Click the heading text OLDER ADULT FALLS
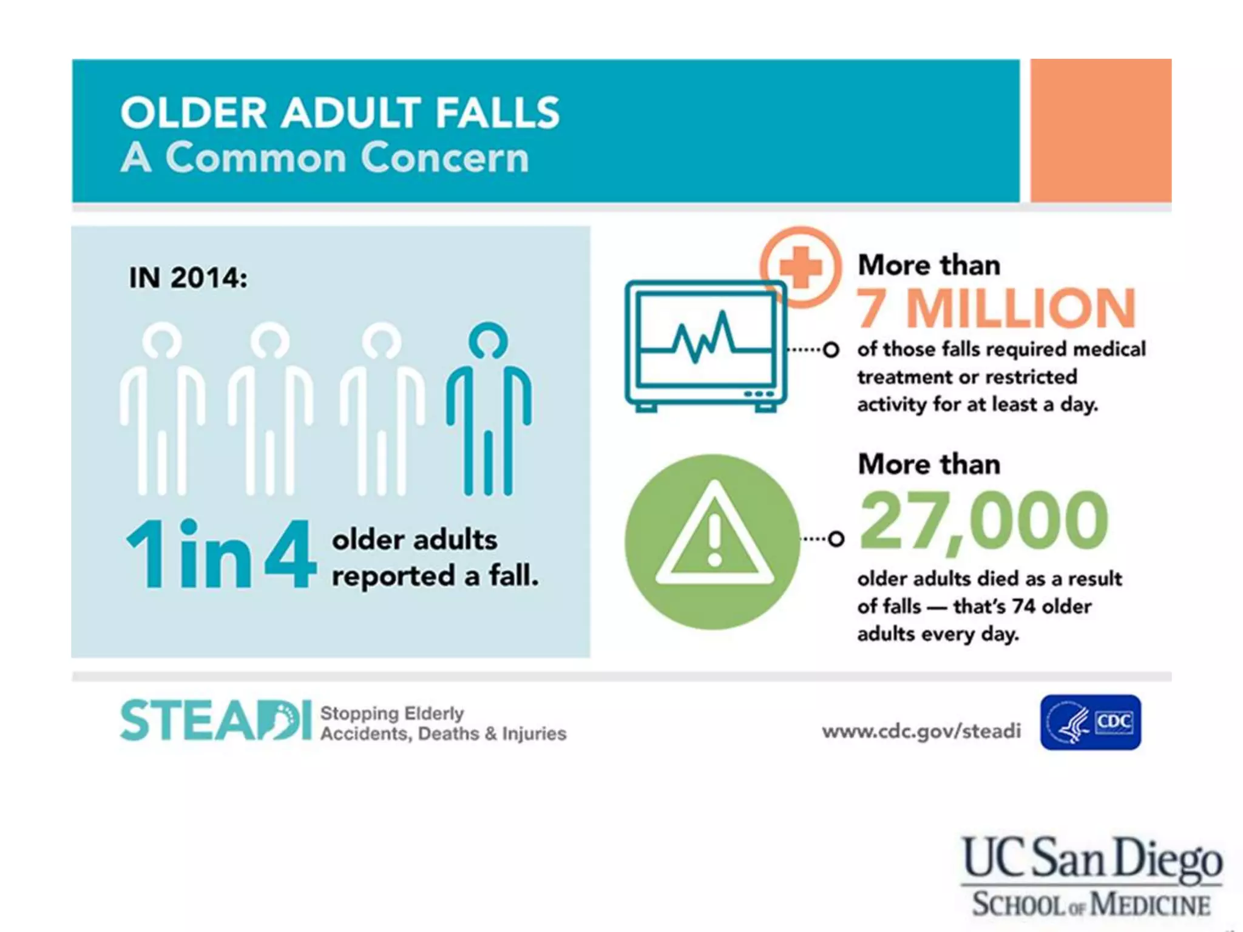tap(340, 113)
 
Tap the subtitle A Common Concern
tap(325, 158)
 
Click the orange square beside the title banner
tap(1100, 130)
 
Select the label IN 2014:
tap(188, 278)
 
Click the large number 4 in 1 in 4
tap(290, 553)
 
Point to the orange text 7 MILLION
tap(995, 308)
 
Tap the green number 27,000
tap(983, 521)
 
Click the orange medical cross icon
tap(801, 267)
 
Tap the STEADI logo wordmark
tap(215, 721)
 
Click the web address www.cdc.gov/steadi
tap(921, 731)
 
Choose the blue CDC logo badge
tap(1090, 722)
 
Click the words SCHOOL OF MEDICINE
tap(1091, 904)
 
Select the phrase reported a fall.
tap(435, 575)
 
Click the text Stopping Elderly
tap(392, 713)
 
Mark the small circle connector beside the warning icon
tap(836, 538)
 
